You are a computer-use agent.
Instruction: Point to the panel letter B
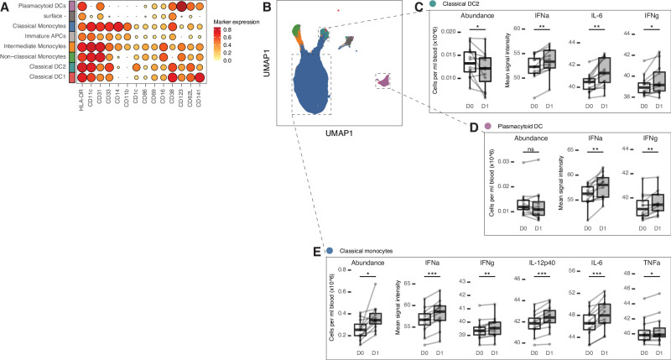point(266,8)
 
